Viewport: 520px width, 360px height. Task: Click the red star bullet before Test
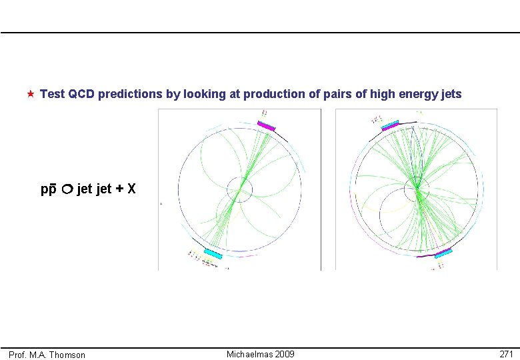31,94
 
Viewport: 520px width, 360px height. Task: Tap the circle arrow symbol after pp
67,189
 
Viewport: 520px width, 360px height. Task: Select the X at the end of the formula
132,189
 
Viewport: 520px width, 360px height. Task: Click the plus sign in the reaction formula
119,189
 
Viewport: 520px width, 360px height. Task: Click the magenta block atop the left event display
266,126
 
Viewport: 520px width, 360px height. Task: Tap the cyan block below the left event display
213,253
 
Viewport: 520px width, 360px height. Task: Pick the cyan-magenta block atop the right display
390,124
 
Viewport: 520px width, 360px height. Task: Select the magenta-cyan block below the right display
443,253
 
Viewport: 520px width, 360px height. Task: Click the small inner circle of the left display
239,189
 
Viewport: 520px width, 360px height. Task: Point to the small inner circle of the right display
417,187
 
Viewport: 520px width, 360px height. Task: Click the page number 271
506,354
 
